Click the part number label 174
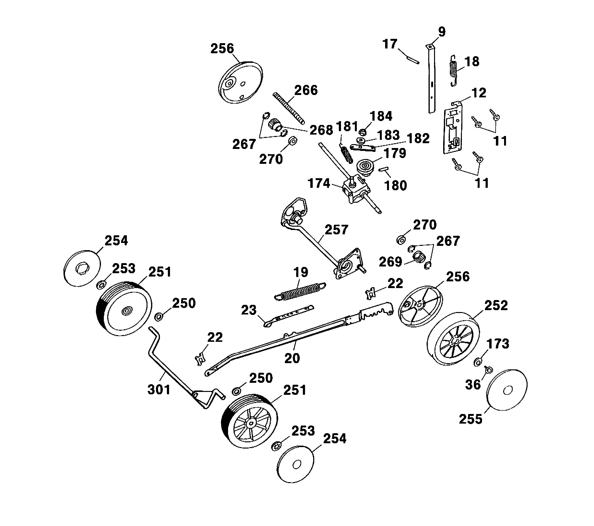point(319,183)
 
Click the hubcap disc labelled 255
point(506,390)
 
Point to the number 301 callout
point(159,390)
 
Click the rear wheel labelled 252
point(453,339)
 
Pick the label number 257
point(336,230)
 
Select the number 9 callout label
point(442,32)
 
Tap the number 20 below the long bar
point(292,358)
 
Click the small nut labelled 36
point(489,370)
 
